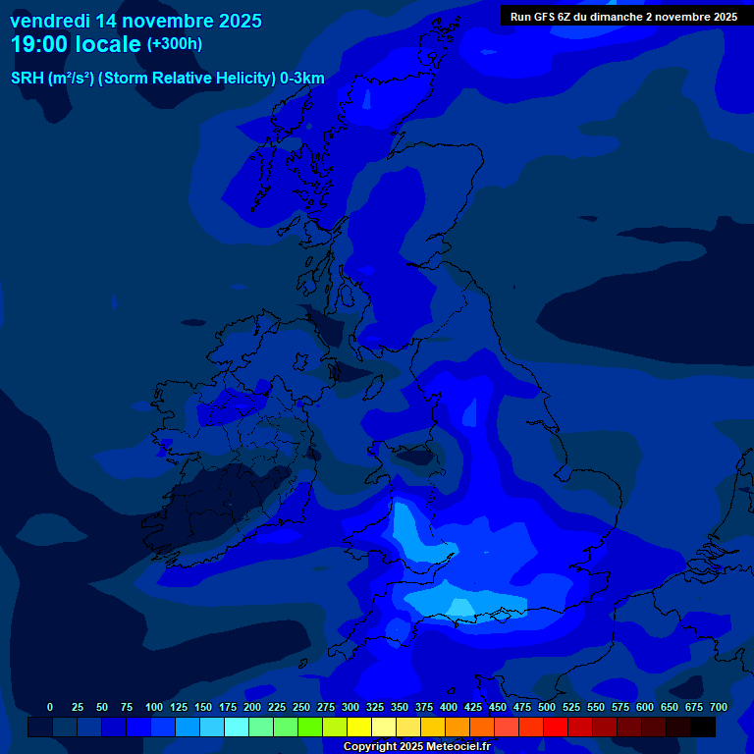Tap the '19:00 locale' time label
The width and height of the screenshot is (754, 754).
pyautogui.click(x=76, y=44)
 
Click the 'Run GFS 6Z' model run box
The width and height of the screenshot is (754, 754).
pyautogui.click(x=623, y=17)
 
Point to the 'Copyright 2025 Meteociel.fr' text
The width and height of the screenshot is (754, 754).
pyautogui.click(x=416, y=746)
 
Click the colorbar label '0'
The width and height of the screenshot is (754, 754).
pyautogui.click(x=50, y=707)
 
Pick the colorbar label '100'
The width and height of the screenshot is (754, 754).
pyautogui.click(x=154, y=707)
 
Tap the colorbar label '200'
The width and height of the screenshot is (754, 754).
pyautogui.click(x=252, y=707)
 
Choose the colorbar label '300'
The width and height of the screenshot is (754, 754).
pyautogui.click(x=350, y=707)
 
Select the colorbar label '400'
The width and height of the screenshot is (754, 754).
pyautogui.click(x=449, y=707)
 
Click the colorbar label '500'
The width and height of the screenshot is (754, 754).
pyautogui.click(x=547, y=707)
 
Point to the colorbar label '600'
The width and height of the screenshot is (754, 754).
pyautogui.click(x=645, y=707)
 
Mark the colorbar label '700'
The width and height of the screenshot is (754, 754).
pyautogui.click(x=719, y=707)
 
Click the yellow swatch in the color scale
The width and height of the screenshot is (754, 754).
pyautogui.click(x=359, y=727)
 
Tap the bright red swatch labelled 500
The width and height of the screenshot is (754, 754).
pyautogui.click(x=556, y=727)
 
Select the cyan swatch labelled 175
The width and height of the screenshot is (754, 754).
pyautogui.click(x=237, y=727)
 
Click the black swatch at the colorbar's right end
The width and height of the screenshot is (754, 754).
pyautogui.click(x=703, y=727)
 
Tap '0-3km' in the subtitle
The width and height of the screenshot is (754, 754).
pyautogui.click(x=302, y=79)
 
